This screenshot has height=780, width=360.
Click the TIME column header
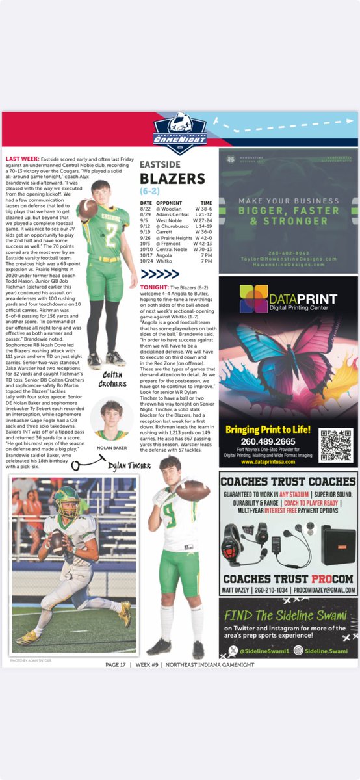tap(206, 203)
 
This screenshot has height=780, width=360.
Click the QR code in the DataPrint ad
tap(335, 444)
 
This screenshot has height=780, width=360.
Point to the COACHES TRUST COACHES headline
tap(288, 482)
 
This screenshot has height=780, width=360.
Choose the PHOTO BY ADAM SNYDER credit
tap(31, 660)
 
